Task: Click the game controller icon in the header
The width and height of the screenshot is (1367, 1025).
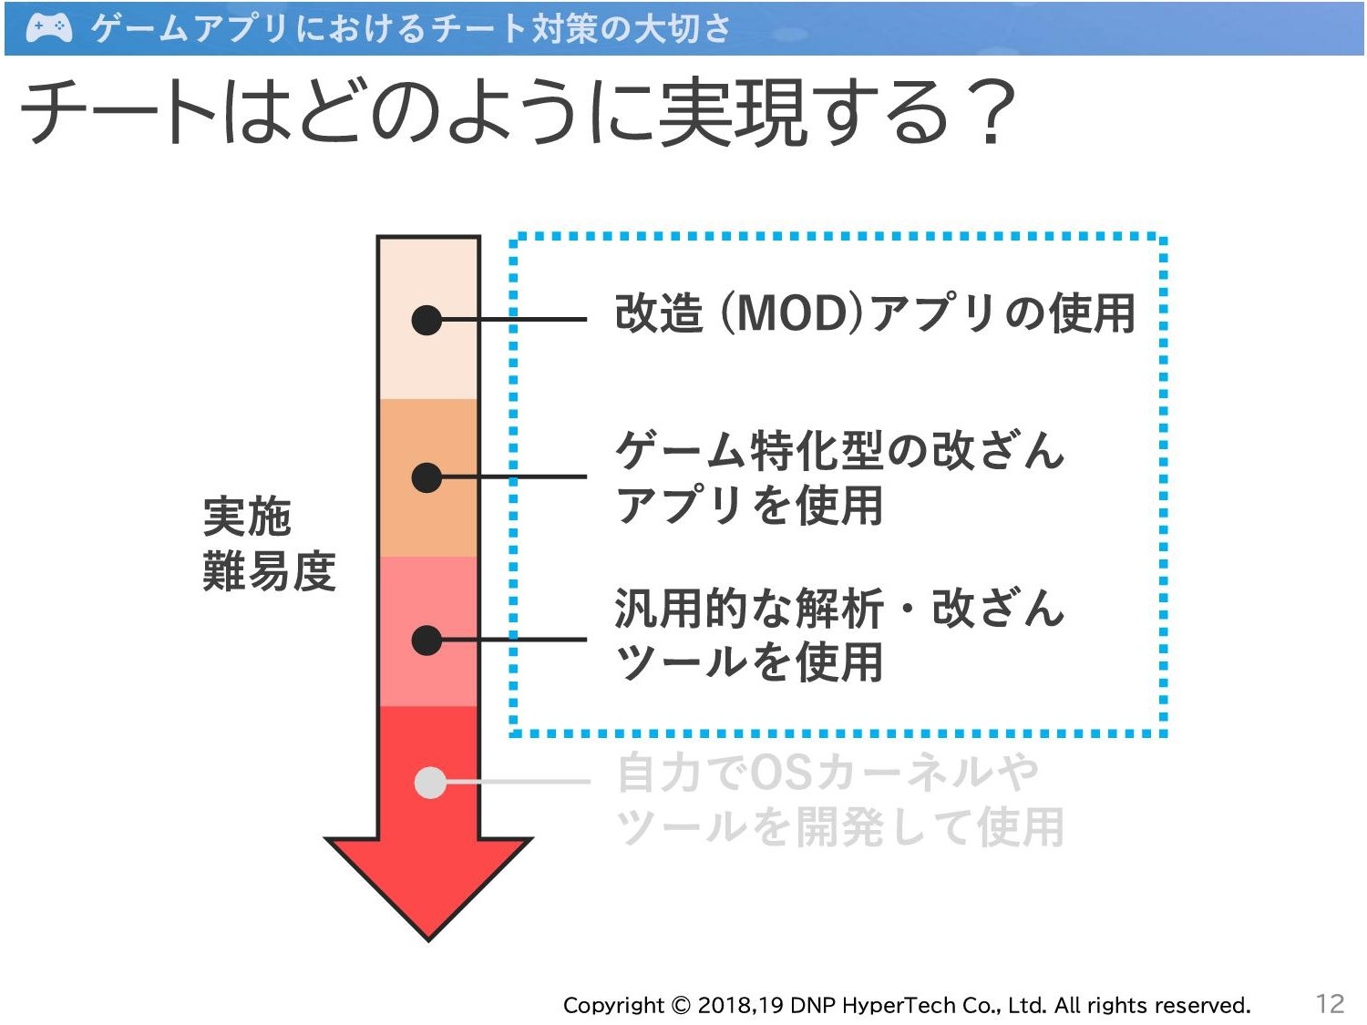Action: click(49, 28)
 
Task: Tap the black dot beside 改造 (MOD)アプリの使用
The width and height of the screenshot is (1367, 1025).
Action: click(427, 320)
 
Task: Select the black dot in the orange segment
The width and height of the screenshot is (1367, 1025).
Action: click(427, 477)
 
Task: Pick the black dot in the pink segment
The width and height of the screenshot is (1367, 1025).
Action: click(427, 640)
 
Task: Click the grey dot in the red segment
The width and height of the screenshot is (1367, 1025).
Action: click(430, 783)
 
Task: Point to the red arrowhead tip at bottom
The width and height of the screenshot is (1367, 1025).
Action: click(428, 940)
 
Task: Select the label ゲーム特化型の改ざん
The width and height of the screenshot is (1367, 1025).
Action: click(839, 450)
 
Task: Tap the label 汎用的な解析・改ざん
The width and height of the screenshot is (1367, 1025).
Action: click(839, 608)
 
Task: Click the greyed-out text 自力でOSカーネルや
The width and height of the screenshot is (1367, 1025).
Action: click(828, 773)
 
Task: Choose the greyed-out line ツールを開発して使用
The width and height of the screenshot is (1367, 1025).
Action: click(839, 826)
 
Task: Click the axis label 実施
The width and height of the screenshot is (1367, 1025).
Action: click(247, 517)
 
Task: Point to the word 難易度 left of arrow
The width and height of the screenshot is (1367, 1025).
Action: click(269, 570)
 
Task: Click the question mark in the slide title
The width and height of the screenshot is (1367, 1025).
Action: click(992, 112)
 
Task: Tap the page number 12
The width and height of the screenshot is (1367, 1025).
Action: click(1331, 1004)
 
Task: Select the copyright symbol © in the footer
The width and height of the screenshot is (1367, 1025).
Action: click(682, 1005)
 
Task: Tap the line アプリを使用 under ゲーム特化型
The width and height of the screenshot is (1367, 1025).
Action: click(749, 505)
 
